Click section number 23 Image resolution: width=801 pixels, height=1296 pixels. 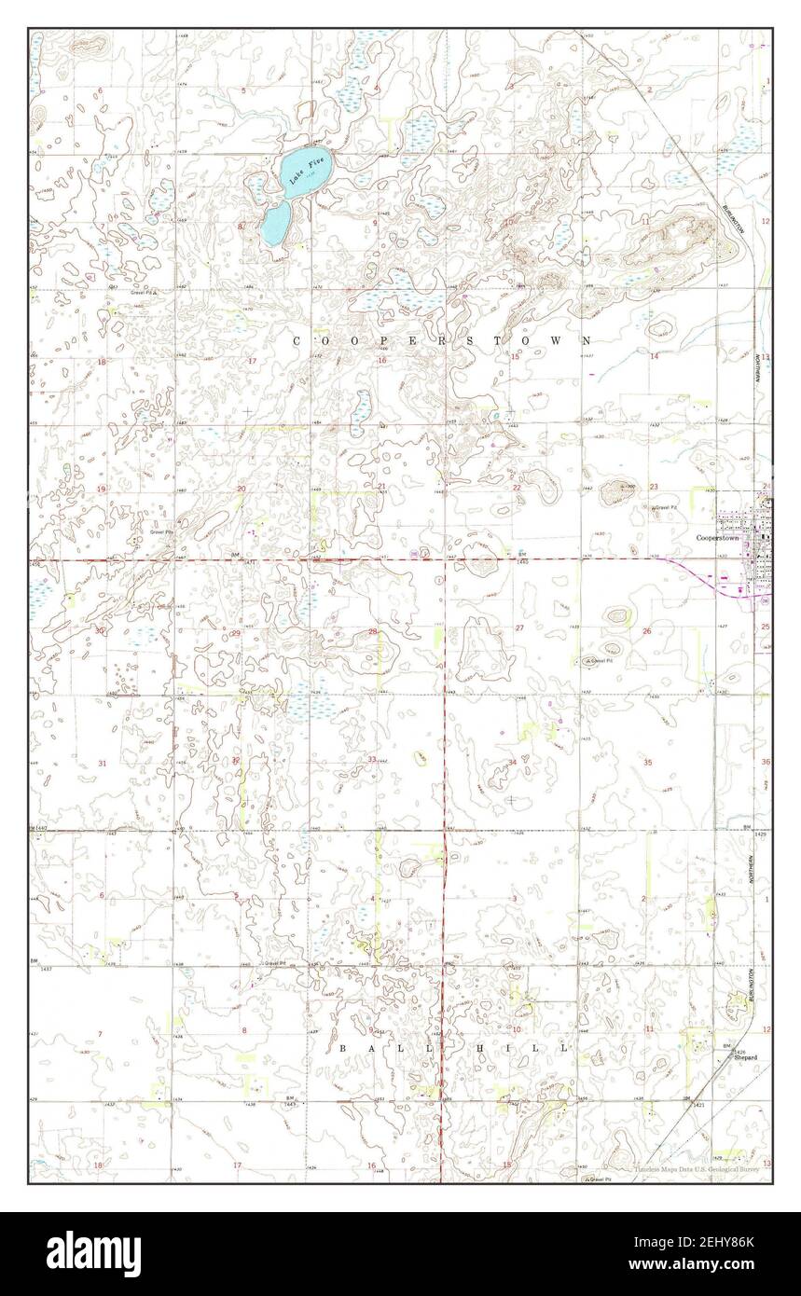[654, 487]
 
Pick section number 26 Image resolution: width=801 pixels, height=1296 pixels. [646, 631]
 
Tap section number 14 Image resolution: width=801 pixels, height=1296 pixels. [654, 356]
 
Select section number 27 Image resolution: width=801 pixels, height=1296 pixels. [519, 628]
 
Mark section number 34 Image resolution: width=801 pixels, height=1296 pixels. [512, 763]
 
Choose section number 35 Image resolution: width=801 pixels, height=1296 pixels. [647, 762]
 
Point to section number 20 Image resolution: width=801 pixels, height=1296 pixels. [241, 489]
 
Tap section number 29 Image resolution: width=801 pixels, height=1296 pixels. [236, 633]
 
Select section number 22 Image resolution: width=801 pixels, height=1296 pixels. [516, 488]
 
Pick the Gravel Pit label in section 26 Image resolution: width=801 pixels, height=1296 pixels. [600, 661]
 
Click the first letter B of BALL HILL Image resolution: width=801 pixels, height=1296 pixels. [342, 1048]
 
